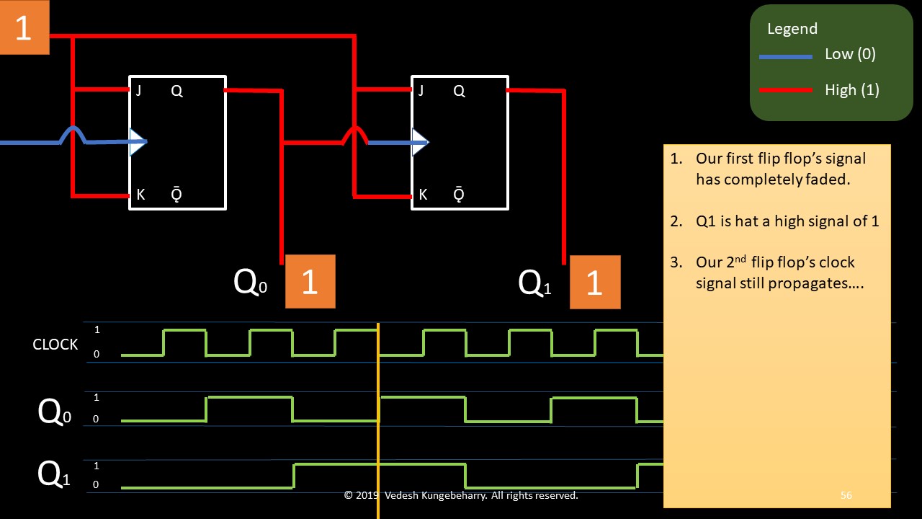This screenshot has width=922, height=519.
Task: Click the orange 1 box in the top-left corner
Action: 24,27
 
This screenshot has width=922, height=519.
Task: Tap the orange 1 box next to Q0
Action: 310,281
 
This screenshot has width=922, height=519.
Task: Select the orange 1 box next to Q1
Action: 594,282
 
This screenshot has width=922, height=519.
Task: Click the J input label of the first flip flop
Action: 138,91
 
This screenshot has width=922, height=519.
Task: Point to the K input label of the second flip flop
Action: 423,195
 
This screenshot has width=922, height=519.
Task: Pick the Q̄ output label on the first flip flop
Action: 176,195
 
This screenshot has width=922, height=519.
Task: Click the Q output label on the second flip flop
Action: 459,91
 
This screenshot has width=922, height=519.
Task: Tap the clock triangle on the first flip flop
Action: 137,142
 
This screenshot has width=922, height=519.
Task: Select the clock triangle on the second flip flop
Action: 419,142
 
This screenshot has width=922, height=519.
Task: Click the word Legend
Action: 792,29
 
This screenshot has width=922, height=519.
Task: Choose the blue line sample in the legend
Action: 786,56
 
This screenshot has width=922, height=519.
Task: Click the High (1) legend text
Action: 852,90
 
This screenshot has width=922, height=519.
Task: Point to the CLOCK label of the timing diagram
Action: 55,345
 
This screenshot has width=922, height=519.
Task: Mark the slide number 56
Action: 846,495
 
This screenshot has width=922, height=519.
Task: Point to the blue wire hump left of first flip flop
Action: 73,132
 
